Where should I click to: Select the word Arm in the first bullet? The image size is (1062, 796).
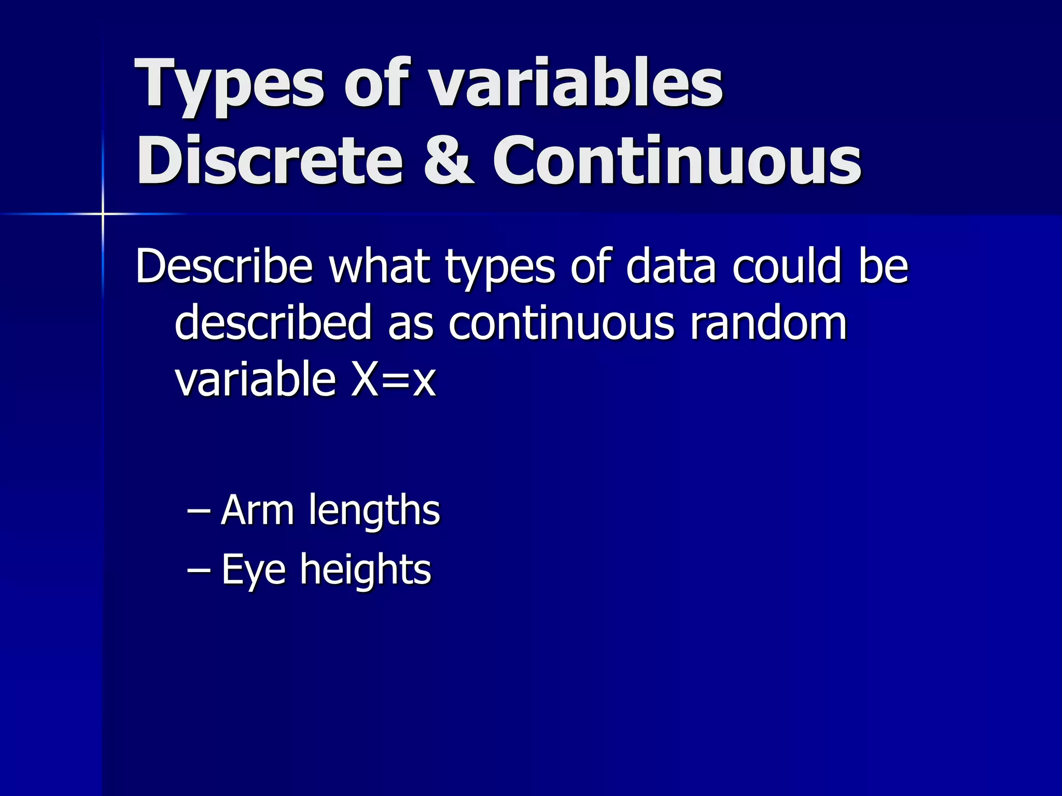point(257,510)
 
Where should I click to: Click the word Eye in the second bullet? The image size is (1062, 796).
point(254,570)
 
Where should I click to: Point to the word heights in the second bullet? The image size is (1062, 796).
point(366,570)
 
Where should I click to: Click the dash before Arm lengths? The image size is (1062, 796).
point(199,510)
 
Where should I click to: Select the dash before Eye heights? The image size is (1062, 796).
point(199,570)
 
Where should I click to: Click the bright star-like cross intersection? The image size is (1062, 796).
point(103,214)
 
